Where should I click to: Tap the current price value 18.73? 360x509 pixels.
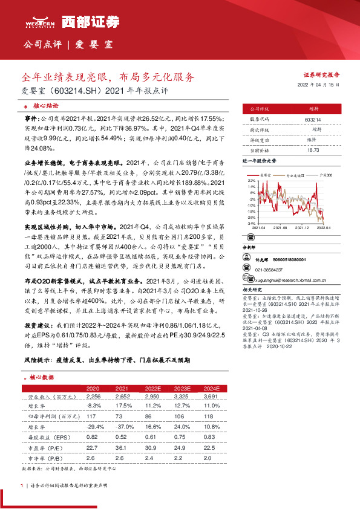coord(313,149)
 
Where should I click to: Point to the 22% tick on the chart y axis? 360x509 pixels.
coord(251,181)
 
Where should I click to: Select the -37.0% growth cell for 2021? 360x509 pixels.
coord(124,427)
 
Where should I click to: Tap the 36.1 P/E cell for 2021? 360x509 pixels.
coord(124,447)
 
